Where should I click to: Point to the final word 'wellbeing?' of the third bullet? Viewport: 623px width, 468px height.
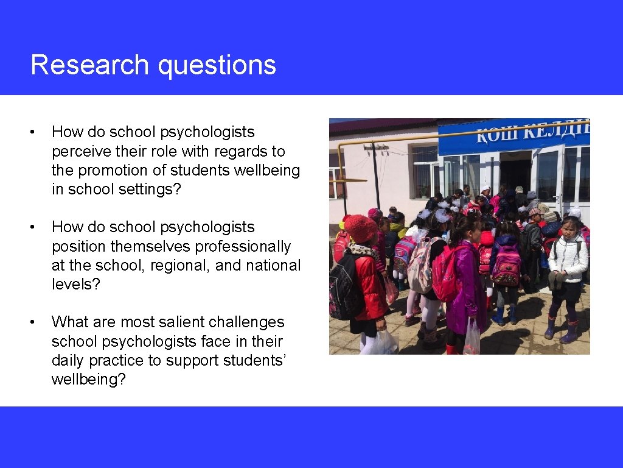pyautogui.click(x=89, y=379)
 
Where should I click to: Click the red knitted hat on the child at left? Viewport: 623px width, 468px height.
pyautogui.click(x=361, y=228)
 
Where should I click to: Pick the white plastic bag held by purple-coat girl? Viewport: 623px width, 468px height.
pyautogui.click(x=472, y=338)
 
